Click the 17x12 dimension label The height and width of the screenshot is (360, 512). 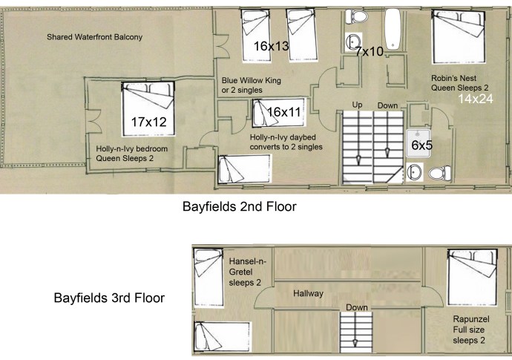pyautogui.click(x=148, y=120)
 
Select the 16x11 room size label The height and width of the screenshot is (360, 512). pyautogui.click(x=285, y=112)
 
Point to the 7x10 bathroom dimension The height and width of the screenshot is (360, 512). pyautogui.click(x=369, y=51)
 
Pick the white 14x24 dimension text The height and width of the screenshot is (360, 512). pyautogui.click(x=476, y=99)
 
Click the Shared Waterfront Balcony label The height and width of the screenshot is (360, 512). pyautogui.click(x=94, y=36)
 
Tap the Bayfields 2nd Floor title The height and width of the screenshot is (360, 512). pyautogui.click(x=240, y=207)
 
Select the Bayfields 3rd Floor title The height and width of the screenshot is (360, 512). pyautogui.click(x=109, y=299)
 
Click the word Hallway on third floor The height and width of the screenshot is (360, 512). pyautogui.click(x=308, y=294)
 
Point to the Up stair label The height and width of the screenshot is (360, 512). pyautogui.click(x=358, y=105)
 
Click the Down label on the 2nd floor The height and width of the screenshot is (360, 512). pyautogui.click(x=387, y=105)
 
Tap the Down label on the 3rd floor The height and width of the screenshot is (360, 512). pyautogui.click(x=355, y=307)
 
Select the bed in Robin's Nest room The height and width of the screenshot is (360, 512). pyautogui.click(x=456, y=36)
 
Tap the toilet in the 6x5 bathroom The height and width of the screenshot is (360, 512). pyautogui.click(x=439, y=173)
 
